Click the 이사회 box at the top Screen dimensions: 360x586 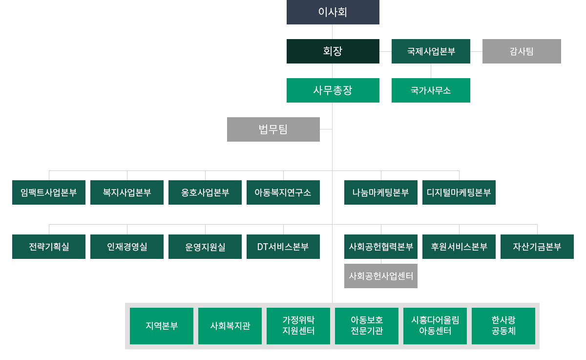(333, 12)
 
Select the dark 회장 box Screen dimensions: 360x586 (333, 51)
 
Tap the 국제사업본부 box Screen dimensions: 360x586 (431, 51)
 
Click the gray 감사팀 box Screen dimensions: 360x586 (522, 51)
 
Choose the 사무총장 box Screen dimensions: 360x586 (333, 90)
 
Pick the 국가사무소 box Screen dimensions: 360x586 (431, 90)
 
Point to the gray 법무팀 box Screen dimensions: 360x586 (273, 129)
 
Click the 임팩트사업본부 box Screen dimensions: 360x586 (49, 192)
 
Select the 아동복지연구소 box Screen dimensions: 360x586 (283, 192)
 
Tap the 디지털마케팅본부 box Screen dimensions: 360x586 (459, 192)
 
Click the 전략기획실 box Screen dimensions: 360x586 (49, 247)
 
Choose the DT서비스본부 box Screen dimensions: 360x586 (283, 247)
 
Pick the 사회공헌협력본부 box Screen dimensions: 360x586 (381, 247)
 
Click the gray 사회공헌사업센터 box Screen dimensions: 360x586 (381, 276)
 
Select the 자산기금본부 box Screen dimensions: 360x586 (537, 247)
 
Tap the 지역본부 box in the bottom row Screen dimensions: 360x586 (162, 326)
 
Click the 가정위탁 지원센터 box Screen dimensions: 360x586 (298, 326)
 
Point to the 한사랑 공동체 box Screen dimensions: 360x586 (503, 326)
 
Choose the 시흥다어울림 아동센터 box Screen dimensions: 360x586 (435, 326)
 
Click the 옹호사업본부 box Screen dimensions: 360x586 (205, 192)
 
